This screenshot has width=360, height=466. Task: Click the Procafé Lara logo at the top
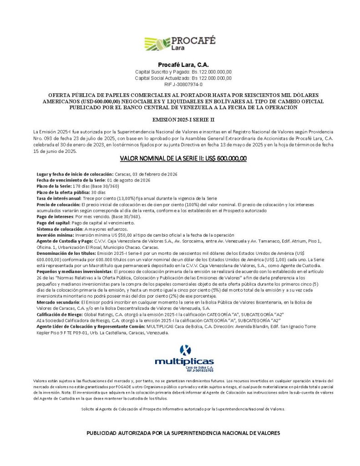coord(180,43)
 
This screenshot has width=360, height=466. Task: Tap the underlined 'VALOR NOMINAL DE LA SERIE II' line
coord(183,159)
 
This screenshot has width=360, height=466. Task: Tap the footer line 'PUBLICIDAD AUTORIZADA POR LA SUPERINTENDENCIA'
coord(183,433)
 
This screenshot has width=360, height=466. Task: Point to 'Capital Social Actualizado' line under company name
coord(183,78)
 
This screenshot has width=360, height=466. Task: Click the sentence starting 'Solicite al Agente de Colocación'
coord(183,409)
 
